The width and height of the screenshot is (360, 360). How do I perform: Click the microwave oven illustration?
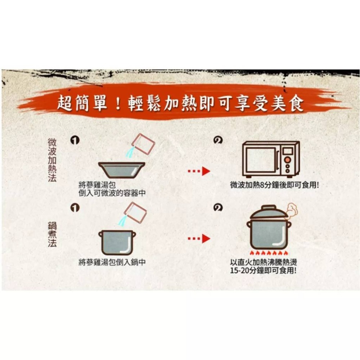tap(270, 159)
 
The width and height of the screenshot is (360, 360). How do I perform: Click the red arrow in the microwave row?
tap(199, 171)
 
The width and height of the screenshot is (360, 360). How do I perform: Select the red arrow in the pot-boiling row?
tap(199, 238)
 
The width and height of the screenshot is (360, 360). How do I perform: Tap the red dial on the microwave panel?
tap(288, 159)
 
